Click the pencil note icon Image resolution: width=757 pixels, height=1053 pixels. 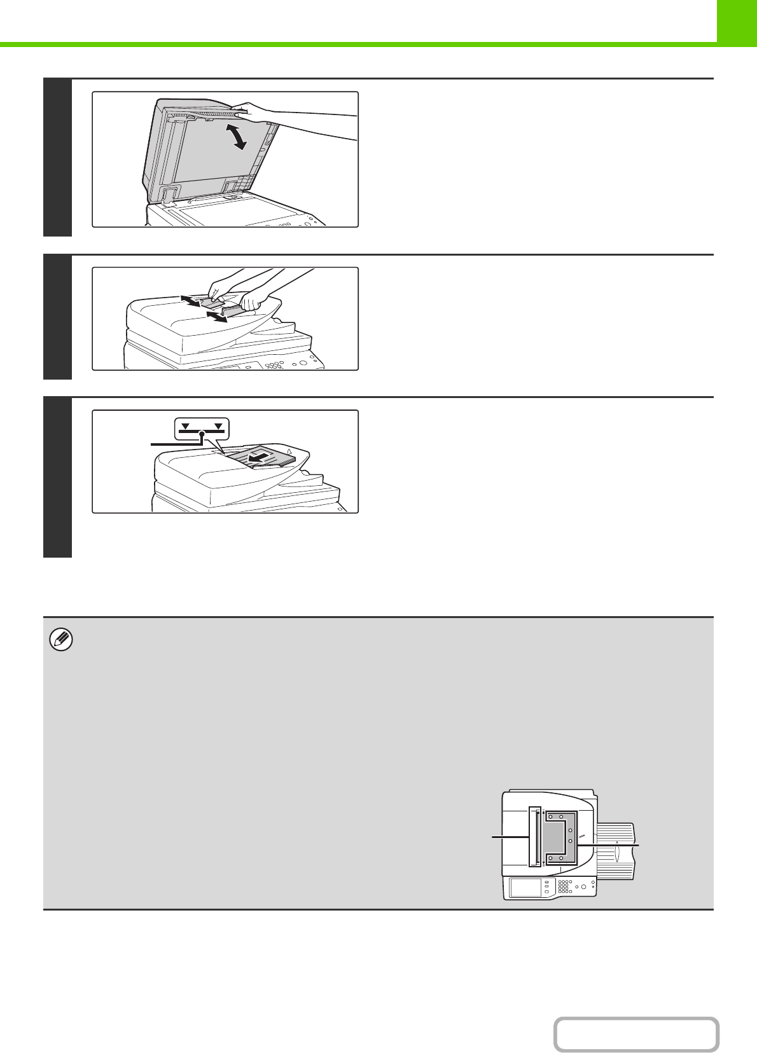pyautogui.click(x=61, y=640)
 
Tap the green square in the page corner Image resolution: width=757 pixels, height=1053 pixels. pyautogui.click(x=737, y=21)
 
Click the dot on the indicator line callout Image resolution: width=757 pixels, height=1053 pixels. pyautogui.click(x=202, y=434)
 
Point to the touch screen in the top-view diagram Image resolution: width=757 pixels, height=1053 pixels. pyautogui.click(x=525, y=887)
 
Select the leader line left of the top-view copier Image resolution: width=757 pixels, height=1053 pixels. pyautogui.click(x=510, y=838)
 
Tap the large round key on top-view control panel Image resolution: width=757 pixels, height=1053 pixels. pyautogui.click(x=583, y=886)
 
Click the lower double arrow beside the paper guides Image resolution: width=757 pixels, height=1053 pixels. pyautogui.click(x=217, y=317)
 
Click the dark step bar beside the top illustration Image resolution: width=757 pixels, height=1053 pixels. pyautogui.click(x=57, y=157)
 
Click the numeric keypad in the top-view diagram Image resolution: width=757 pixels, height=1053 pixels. pyautogui.click(x=564, y=886)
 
